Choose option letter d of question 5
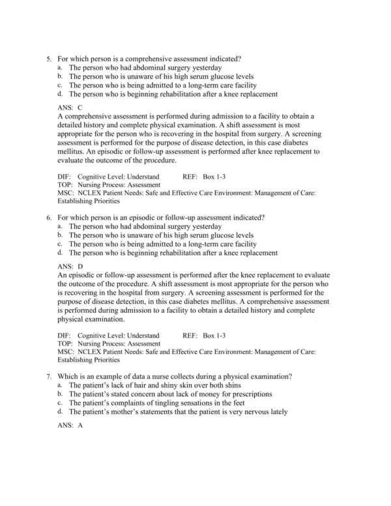point(60,93)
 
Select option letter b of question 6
point(60,235)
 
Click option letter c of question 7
point(60,403)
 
